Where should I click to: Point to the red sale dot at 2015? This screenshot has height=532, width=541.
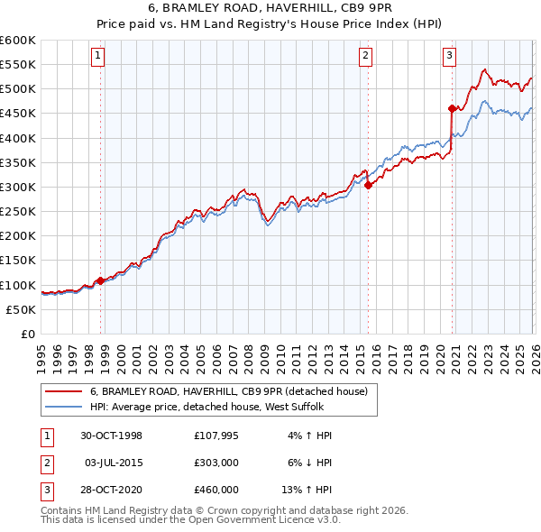coord(368,186)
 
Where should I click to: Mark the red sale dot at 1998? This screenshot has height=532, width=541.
coord(100,280)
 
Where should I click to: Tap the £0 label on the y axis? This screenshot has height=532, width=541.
coord(29,334)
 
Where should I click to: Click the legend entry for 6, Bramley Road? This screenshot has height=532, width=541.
coord(228,392)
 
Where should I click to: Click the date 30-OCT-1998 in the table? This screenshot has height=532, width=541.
coord(112,436)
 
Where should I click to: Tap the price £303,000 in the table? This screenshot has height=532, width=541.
coord(215,463)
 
